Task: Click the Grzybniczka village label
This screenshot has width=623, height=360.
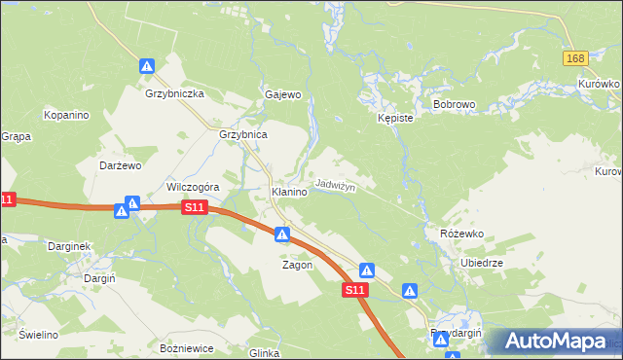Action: pos(173,94)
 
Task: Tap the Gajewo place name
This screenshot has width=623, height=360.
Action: pos(283,95)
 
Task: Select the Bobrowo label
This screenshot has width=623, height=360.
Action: pos(453,102)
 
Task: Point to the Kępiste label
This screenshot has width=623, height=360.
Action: pos(395,118)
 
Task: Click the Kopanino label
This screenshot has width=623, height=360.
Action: pos(66,115)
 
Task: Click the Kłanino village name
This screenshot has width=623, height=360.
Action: pos(289,193)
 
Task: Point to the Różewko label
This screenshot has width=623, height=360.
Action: pos(461,234)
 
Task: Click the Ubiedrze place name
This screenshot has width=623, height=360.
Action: pos(481,263)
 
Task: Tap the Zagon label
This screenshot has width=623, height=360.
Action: pos(297,265)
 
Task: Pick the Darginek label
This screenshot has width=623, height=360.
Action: pos(69,246)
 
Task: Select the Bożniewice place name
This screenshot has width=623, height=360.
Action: pos(185,347)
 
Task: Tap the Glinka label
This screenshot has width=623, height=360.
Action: pos(265,353)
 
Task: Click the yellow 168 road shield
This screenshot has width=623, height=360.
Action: pos(575,59)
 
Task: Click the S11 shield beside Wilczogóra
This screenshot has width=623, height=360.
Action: pos(195,207)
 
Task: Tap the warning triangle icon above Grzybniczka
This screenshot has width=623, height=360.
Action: pos(147,66)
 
